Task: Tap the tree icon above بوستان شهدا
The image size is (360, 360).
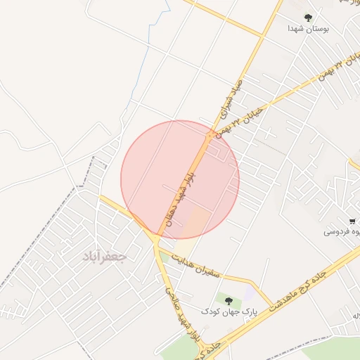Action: click(x=307, y=17)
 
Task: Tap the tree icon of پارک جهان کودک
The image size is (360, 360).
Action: click(x=228, y=300)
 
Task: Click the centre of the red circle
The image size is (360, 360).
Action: click(x=181, y=180)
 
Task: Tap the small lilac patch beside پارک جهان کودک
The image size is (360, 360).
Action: click(x=250, y=291)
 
